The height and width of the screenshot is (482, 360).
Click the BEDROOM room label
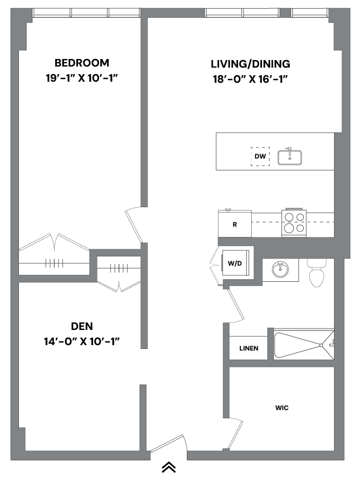[x=82, y=63]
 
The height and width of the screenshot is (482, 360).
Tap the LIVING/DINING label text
[x=250, y=64]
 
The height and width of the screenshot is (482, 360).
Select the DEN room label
[x=82, y=326]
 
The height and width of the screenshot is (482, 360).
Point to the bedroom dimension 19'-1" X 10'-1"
[x=82, y=78]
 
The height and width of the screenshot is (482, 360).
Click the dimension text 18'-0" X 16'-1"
[x=250, y=79]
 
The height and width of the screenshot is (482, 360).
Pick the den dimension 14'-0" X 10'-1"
[x=82, y=341]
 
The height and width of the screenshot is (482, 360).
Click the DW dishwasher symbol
[x=260, y=156]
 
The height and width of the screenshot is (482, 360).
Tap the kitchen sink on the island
[x=290, y=157]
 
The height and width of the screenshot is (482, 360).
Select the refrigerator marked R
[x=234, y=224]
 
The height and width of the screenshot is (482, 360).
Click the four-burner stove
[x=294, y=223]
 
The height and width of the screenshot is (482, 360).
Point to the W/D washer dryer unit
[x=235, y=264]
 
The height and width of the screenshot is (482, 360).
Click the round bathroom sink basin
[x=280, y=269]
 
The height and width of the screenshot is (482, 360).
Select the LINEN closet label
[x=248, y=348]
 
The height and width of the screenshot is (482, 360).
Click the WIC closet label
[x=282, y=407]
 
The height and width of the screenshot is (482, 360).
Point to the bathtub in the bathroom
[x=303, y=344]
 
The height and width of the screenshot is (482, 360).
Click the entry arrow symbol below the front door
[x=168, y=466]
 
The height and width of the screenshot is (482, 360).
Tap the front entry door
[x=168, y=444]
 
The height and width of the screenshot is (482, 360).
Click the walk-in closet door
[x=236, y=435]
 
